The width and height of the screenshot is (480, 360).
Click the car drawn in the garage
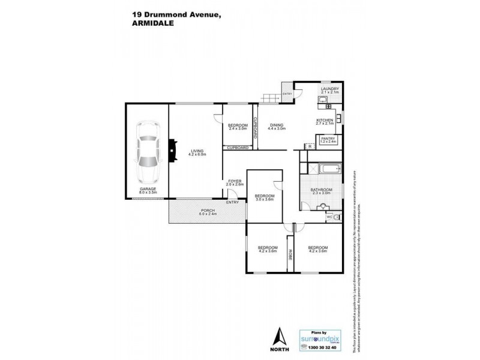pyautogui.click(x=147, y=152)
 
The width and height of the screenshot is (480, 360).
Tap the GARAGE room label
pyautogui.click(x=148, y=188)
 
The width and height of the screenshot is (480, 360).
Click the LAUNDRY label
pyautogui.click(x=330, y=89)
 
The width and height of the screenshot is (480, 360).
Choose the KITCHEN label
pyautogui.click(x=325, y=120)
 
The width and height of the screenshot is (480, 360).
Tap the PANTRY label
pyautogui.click(x=328, y=139)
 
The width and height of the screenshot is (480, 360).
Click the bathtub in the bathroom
pyautogui.click(x=323, y=169)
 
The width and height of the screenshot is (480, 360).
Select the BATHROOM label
pyautogui.click(x=321, y=190)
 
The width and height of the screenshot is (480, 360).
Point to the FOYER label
pyautogui.click(x=235, y=181)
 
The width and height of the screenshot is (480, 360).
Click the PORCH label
pyautogui.click(x=208, y=210)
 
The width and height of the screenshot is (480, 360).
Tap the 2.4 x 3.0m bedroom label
pyautogui.click(x=238, y=125)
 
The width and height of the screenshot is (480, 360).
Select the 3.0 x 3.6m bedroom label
pyautogui.click(x=264, y=196)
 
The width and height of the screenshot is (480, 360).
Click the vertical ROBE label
pyautogui.click(x=290, y=254)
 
